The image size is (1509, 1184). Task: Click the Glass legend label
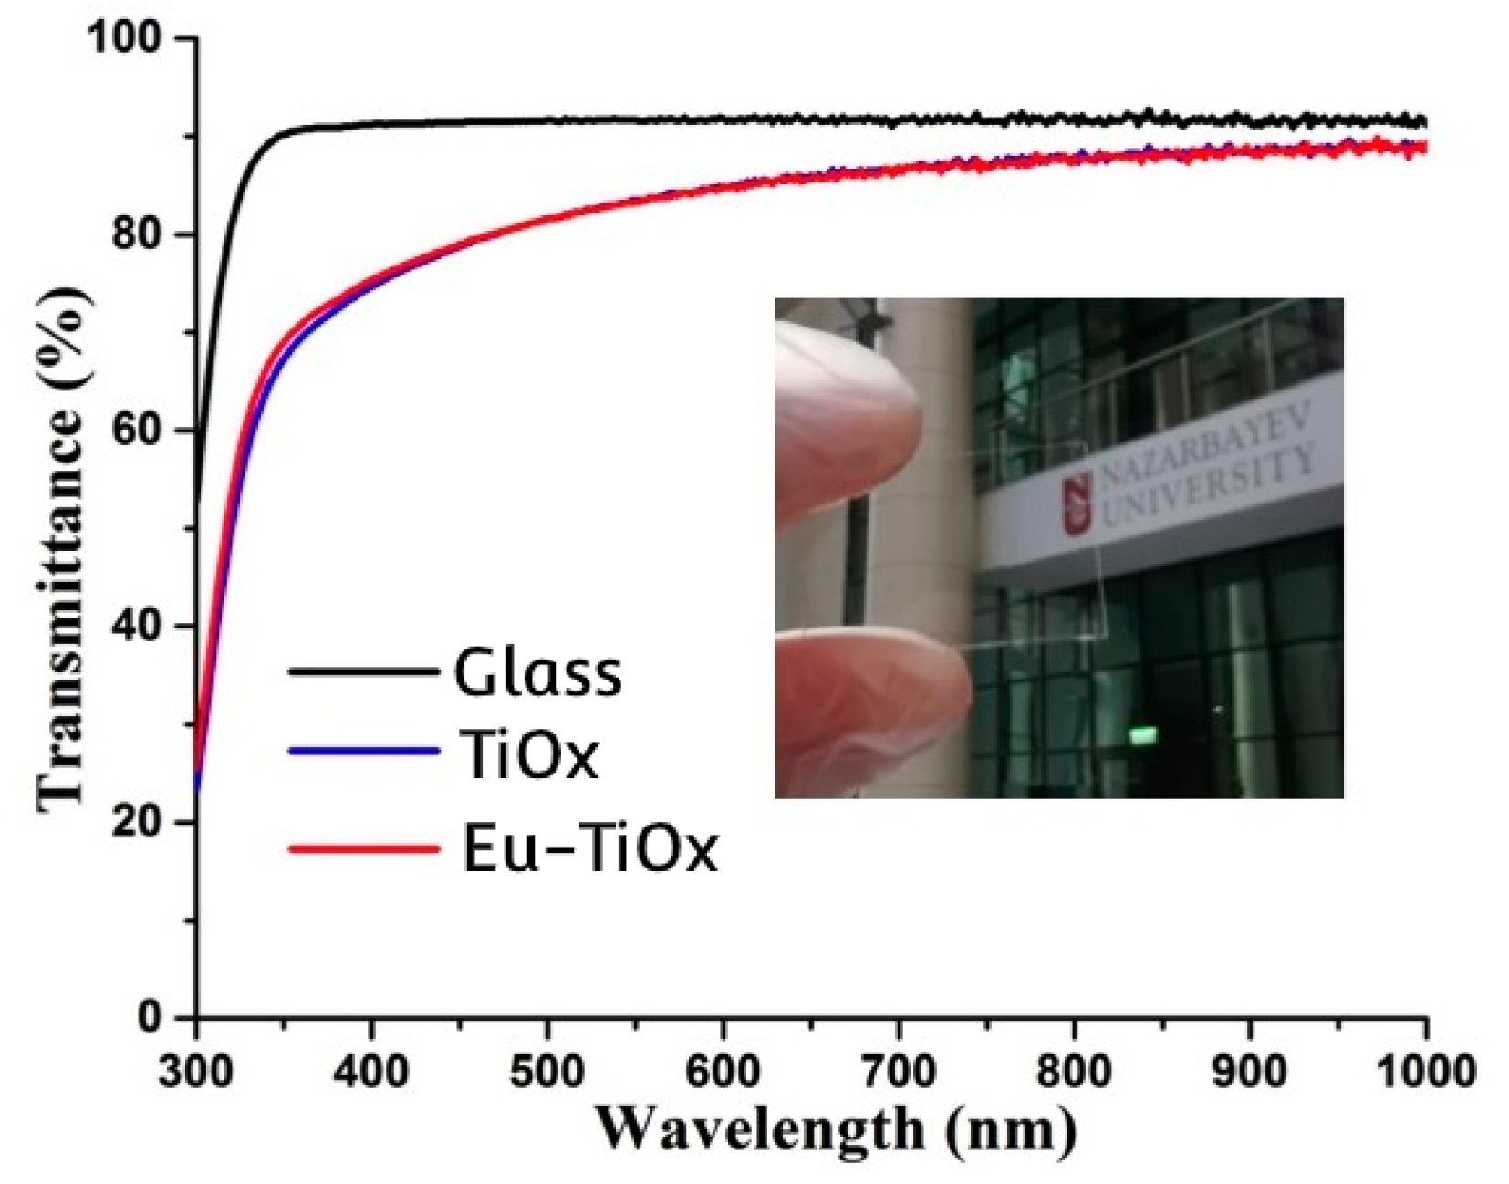(537, 673)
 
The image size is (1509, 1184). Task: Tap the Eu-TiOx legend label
(589, 849)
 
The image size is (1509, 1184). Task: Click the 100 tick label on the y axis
(133, 37)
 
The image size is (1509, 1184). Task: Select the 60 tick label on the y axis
(146, 430)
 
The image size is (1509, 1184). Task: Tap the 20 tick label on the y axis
(146, 822)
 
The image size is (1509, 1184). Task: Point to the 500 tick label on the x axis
(546, 1071)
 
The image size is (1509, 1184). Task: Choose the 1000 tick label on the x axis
(1425, 1071)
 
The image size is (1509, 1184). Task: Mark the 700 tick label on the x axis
(899, 1071)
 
